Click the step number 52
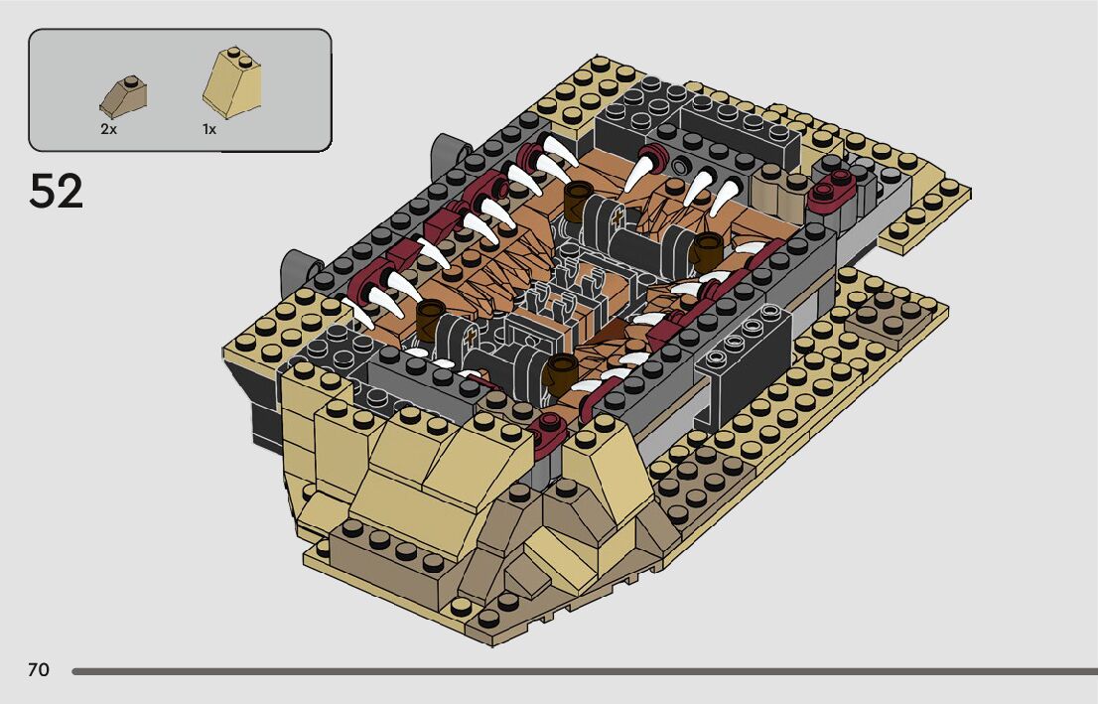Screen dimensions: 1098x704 tap(56, 191)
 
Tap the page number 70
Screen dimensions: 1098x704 tap(39, 670)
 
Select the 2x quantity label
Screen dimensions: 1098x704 tap(108, 130)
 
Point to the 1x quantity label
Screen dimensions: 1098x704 tap(209, 130)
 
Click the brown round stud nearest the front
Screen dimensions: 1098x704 tap(560, 373)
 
